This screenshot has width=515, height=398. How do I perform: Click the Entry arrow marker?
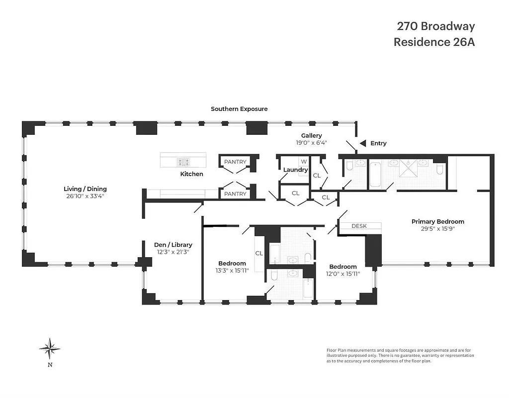pyautogui.click(x=363, y=143)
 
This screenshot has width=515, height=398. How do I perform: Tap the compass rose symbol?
pyautogui.click(x=50, y=348)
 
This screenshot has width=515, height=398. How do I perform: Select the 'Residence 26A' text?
pyautogui.click(x=434, y=42)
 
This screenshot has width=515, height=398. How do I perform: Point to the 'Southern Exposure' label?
pyautogui.click(x=239, y=109)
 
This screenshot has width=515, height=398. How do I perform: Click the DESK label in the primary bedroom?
pyautogui.click(x=359, y=226)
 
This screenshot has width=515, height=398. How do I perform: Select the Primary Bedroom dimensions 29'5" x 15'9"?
pyautogui.click(x=437, y=229)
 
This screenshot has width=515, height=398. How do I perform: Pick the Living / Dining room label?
pyautogui.click(x=85, y=189)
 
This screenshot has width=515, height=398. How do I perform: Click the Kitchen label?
pyautogui.click(x=192, y=174)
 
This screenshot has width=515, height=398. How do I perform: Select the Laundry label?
pyautogui.click(x=295, y=170)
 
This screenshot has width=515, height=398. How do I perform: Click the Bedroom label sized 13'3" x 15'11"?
pyautogui.click(x=232, y=264)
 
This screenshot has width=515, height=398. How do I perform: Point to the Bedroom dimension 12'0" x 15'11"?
pyautogui.click(x=343, y=274)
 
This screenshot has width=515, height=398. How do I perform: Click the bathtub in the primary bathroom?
pyautogui.click(x=375, y=174)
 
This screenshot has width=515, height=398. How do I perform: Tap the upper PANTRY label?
pyautogui.click(x=235, y=162)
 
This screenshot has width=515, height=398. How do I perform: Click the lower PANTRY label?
pyautogui.click(x=235, y=194)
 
